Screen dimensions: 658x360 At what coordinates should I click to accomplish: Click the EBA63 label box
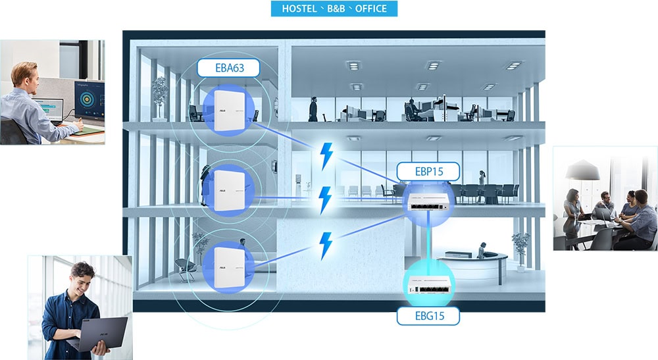228,68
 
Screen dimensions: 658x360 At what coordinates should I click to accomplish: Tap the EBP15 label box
428,172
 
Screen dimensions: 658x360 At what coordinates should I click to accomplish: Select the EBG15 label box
428,316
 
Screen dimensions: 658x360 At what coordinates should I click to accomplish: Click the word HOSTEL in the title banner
299,9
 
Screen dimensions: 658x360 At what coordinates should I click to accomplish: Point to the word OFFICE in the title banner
371,9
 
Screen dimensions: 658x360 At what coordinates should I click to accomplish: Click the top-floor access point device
229,110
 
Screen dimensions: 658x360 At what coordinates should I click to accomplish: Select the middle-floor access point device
229,190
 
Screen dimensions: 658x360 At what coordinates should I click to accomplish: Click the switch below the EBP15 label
428,202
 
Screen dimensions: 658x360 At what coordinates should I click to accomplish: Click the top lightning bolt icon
326,156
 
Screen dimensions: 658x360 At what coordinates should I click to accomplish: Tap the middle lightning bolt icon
325,200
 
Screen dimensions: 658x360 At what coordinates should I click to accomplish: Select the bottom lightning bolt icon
326,245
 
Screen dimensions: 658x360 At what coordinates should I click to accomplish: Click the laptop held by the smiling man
99,334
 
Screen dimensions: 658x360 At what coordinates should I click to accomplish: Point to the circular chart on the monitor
88,99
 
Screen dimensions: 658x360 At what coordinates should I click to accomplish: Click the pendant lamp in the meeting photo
582,170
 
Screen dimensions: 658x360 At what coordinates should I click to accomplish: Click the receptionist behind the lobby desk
482,250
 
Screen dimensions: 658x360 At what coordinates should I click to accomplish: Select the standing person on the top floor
313,109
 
